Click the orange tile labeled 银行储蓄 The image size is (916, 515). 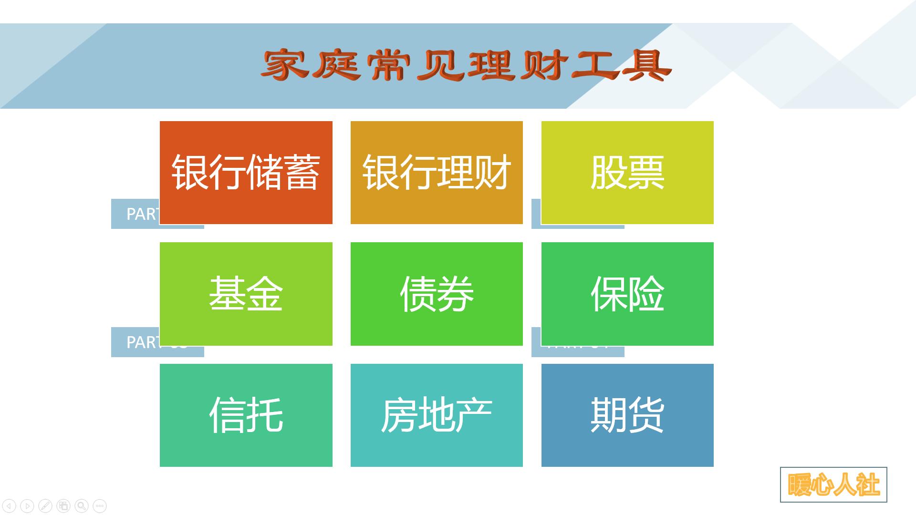coord(246,172)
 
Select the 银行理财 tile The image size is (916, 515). coord(437,172)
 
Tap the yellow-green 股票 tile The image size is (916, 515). coord(627,172)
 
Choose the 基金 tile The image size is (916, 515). coord(246,294)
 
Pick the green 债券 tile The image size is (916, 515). coord(437,294)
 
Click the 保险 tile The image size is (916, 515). coord(627,294)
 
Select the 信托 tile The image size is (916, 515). coord(246,415)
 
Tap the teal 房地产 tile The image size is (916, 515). coord(437,415)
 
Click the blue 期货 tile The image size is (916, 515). coord(627,415)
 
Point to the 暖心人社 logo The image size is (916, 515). coord(833,485)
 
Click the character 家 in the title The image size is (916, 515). coord(285,65)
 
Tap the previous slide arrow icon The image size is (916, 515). coord(10,505)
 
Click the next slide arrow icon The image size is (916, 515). coord(27,505)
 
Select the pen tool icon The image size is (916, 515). coord(45,505)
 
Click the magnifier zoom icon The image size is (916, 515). coord(82,505)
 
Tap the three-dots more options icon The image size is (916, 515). coord(99,505)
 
